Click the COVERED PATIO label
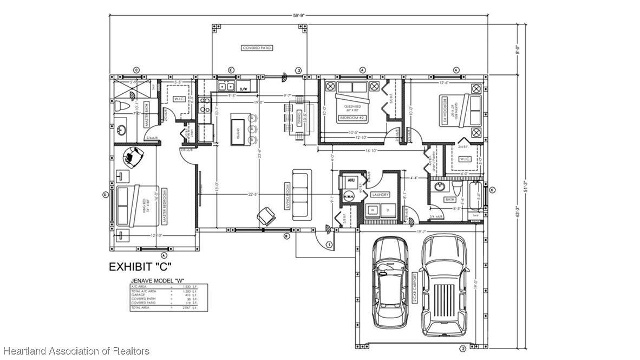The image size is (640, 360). (x=257, y=48)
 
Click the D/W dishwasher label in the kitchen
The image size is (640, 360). (x=243, y=88)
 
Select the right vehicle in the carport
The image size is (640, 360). (x=443, y=284)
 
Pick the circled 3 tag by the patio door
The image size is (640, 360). (x=298, y=70)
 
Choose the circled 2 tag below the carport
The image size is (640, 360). (x=462, y=348)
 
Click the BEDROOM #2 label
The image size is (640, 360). (x=351, y=117)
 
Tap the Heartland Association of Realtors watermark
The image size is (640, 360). (x=76, y=351)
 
